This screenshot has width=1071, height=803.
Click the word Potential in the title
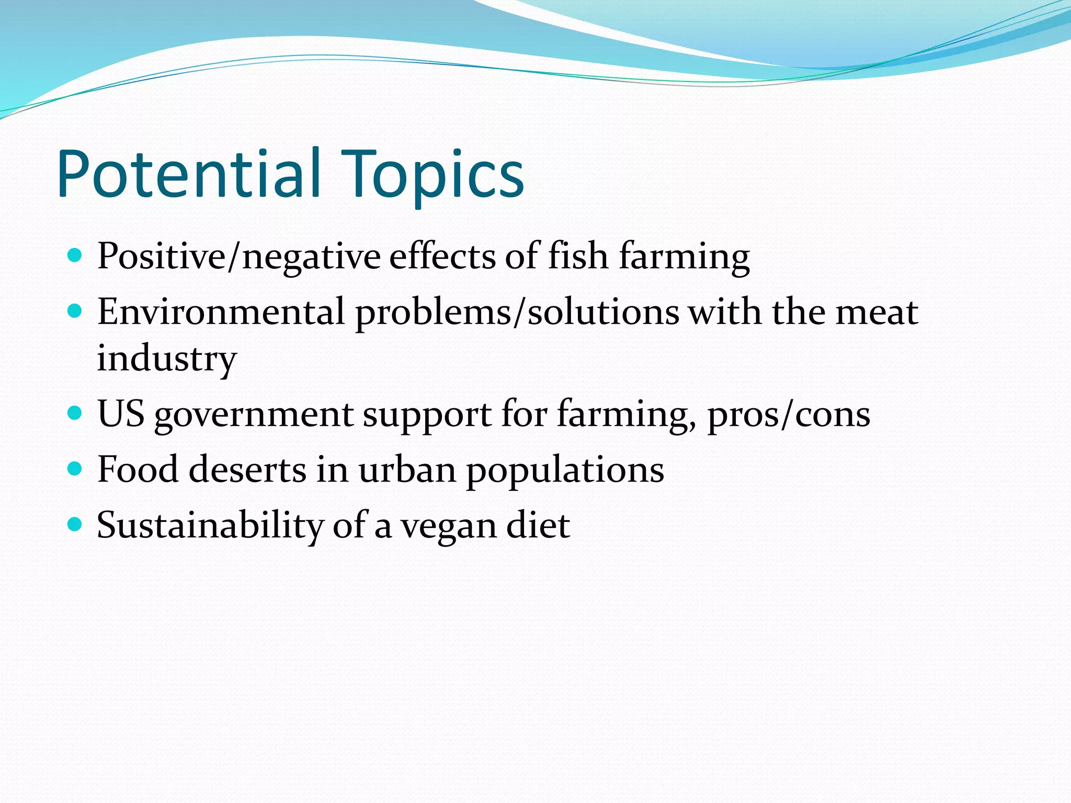coord(188,174)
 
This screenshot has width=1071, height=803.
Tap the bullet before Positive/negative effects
coord(75,256)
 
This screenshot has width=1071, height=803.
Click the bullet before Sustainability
coord(75,524)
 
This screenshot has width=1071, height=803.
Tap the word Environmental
coord(221,312)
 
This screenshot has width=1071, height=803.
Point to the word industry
coord(167,359)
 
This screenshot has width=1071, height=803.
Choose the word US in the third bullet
coord(121,414)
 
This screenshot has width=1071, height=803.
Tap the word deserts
coord(247,469)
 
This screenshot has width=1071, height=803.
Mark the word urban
coord(407,469)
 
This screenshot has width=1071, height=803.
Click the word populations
coord(565,471)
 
